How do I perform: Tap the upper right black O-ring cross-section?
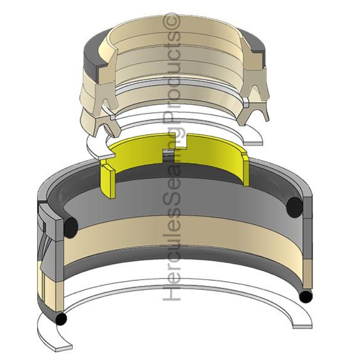pyautogui.click(x=294, y=207)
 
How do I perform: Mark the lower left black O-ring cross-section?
pyautogui.click(x=61, y=319)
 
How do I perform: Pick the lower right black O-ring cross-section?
pyautogui.click(x=305, y=296)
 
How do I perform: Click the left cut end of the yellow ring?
pyautogui.click(x=108, y=180)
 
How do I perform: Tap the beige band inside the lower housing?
pyautogui.click(x=180, y=239)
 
